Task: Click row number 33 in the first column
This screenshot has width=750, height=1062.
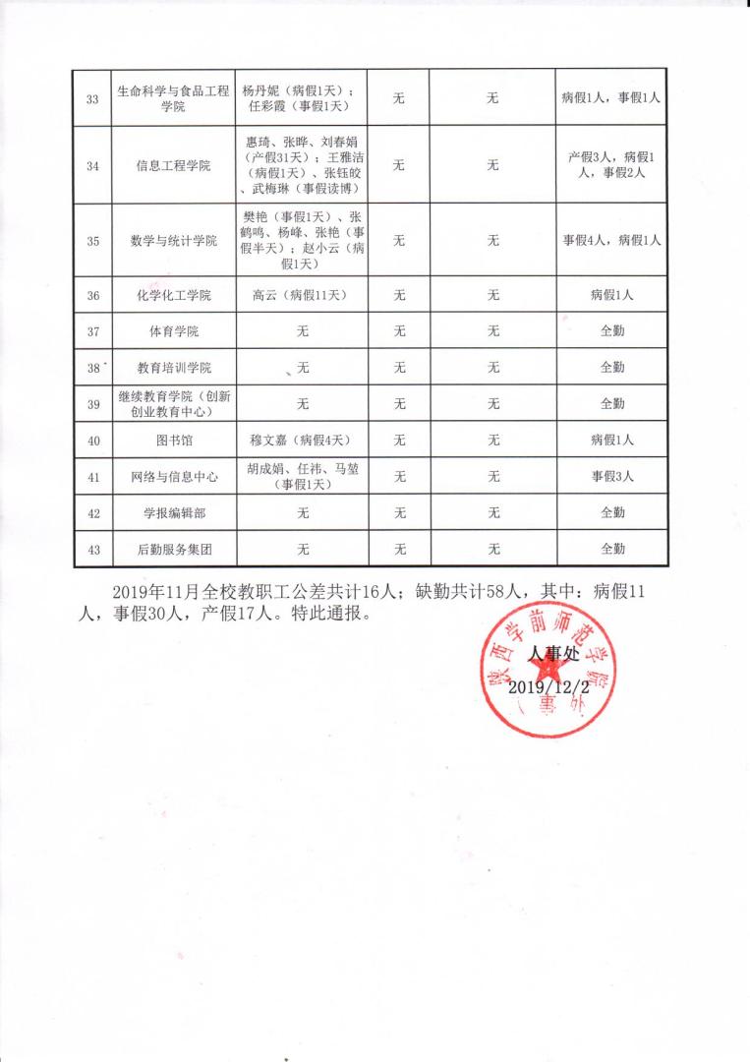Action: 92,98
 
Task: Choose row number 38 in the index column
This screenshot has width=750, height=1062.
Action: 93,368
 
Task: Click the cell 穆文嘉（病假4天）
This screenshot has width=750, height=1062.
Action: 303,441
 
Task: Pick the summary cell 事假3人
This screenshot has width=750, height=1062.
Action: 612,476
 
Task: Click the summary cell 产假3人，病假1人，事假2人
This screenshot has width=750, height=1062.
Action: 612,165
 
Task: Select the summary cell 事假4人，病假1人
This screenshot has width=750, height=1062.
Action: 612,240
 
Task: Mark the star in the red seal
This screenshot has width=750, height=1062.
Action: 549,673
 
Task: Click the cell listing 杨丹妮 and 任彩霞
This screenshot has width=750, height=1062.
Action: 303,98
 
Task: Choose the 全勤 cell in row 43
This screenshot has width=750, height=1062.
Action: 612,549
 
